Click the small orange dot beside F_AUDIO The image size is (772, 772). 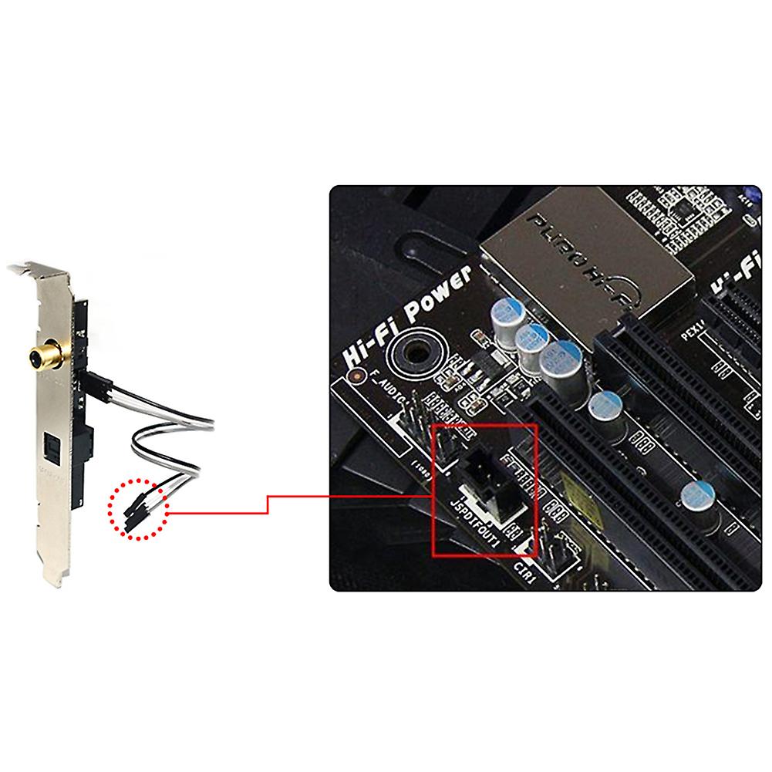point(356,377)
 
